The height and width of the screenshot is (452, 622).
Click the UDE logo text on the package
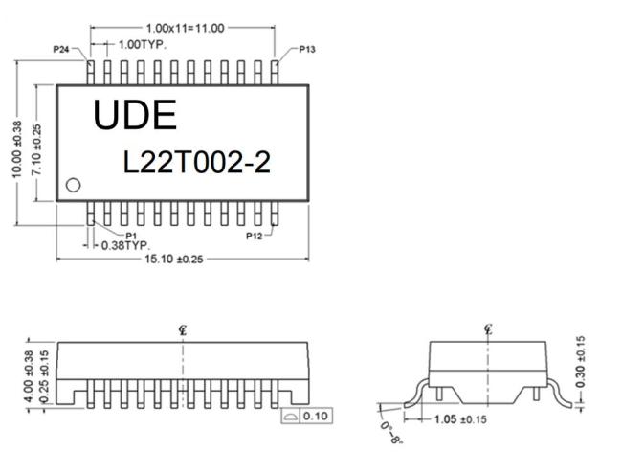135,115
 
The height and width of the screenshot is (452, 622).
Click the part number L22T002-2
197,162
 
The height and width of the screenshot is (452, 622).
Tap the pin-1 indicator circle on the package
73,185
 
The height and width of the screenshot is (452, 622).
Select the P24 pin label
61,49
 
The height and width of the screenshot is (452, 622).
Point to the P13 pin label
307,49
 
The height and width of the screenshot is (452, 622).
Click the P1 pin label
131,236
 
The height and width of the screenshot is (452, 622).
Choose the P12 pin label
255,237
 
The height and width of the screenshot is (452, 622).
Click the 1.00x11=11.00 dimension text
186,28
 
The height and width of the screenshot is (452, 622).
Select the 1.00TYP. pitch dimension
143,45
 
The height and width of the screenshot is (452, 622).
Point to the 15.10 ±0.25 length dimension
174,260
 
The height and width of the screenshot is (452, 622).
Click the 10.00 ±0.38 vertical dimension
16,149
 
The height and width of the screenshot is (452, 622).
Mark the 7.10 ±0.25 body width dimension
36,149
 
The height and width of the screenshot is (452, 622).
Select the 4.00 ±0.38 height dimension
29,376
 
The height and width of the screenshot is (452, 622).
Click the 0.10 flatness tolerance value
316,417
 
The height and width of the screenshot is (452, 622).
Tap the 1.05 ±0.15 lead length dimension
460,419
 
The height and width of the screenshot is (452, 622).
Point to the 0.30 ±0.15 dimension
580,362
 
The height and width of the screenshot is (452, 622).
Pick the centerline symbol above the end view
488,329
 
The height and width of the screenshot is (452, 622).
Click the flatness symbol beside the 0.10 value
290,417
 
